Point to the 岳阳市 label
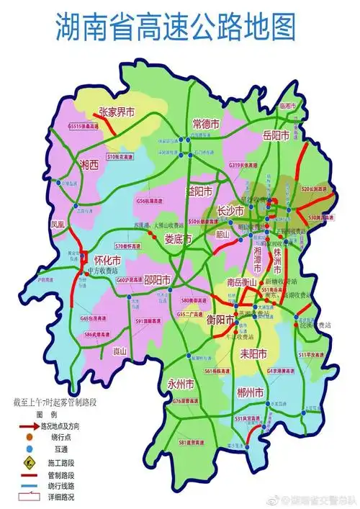276,135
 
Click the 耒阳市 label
252,353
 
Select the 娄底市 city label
177,238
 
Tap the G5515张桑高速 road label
84,126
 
